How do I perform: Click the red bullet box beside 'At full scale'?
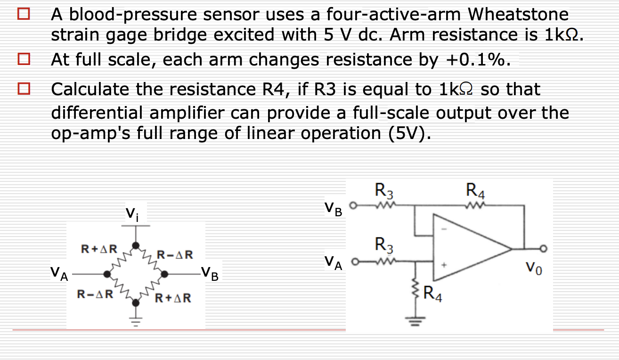click(24, 60)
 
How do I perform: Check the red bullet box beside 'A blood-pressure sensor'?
click(24, 15)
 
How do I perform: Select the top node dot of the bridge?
click(136, 245)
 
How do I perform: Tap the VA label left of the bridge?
click(60, 274)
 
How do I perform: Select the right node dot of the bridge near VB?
click(164, 273)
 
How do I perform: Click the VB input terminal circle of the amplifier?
click(358, 205)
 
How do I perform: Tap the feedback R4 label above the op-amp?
click(475, 192)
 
